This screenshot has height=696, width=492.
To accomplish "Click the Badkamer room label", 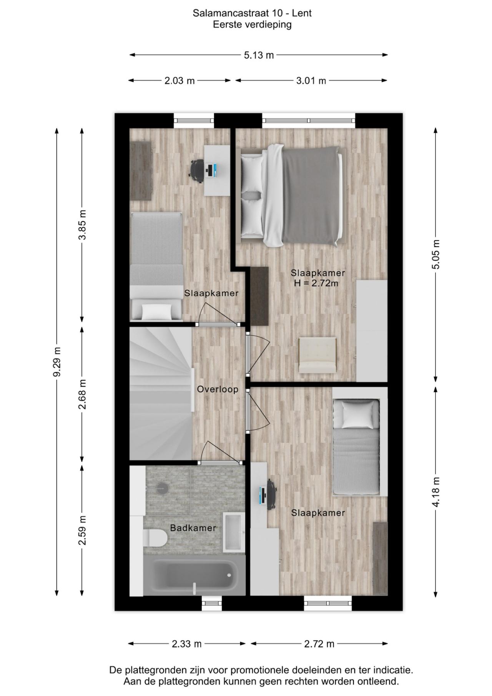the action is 193,528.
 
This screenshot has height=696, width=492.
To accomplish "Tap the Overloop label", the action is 218,389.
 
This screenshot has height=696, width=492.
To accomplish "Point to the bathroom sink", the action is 234,532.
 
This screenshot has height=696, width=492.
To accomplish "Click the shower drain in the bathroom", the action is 162,488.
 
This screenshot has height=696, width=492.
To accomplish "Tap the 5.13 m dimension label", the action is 259,55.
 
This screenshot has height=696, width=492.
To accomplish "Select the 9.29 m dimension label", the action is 57,362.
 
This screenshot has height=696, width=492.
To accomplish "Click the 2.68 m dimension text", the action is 82,394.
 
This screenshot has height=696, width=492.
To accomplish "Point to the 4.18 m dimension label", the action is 436,492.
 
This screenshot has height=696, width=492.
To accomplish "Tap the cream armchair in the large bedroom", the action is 317,355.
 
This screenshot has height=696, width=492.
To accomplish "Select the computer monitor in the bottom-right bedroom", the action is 263,497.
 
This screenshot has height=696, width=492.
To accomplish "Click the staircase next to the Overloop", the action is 161,393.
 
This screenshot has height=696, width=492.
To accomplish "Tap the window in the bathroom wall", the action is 212,603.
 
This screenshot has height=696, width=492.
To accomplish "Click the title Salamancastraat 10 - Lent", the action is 252,13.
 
